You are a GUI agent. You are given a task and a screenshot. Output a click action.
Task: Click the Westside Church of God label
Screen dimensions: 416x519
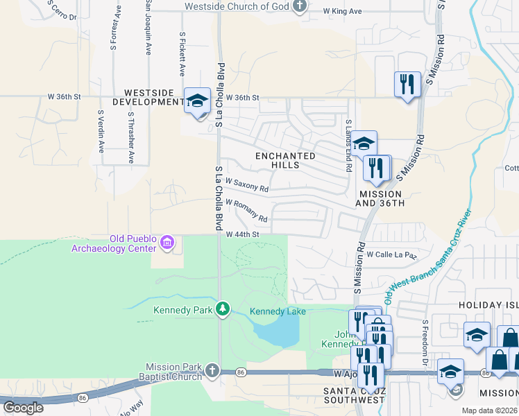click(236, 7)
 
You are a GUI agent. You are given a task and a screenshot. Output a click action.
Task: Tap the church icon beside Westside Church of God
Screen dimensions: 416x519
click(300, 7)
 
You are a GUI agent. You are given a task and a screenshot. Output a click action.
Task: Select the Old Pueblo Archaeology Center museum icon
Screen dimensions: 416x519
click(167, 243)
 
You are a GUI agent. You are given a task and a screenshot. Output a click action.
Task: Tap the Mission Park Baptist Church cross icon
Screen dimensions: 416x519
click(212, 371)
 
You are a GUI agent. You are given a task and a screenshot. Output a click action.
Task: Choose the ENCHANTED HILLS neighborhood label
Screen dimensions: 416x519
click(287, 160)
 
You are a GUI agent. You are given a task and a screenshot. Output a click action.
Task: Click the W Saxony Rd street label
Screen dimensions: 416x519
click(247, 185)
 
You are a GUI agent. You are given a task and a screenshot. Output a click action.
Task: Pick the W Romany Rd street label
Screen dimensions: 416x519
click(247, 211)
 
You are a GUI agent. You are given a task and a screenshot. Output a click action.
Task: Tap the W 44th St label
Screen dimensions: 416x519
click(243, 234)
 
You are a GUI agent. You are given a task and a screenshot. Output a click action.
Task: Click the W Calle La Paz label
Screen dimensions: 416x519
click(391, 255)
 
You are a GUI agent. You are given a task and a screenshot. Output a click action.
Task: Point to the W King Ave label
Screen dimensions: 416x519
click(343, 12)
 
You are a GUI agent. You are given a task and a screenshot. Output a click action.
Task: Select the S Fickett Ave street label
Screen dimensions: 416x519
click(182, 53)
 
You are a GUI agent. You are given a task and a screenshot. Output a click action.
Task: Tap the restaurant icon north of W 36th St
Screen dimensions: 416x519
click(407, 85)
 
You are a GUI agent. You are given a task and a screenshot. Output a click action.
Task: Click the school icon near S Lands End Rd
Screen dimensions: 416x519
click(364, 144)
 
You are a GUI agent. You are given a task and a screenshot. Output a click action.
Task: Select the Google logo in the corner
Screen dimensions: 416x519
click(23, 408)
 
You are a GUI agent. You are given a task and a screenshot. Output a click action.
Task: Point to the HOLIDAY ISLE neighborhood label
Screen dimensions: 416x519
click(488, 305)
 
